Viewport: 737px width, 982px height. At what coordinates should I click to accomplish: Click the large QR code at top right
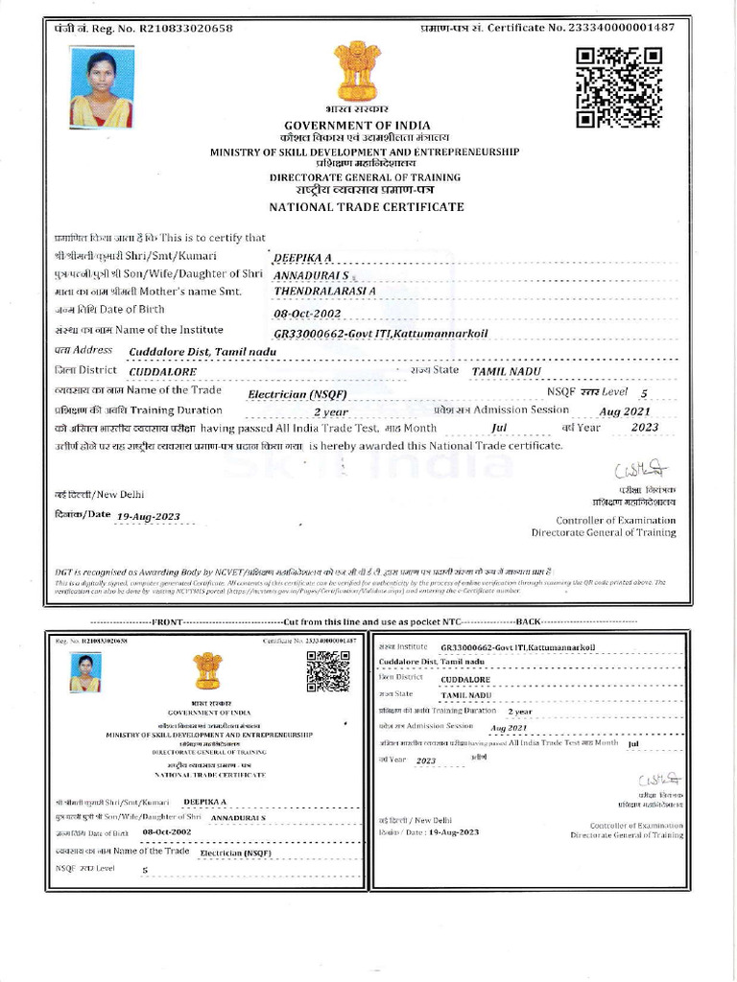click(x=619, y=87)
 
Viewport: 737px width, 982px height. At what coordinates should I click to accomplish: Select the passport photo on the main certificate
click(x=101, y=89)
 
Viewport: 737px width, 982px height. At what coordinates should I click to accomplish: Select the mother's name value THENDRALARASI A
click(x=325, y=290)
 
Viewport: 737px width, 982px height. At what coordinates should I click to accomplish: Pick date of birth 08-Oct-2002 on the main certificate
click(x=307, y=313)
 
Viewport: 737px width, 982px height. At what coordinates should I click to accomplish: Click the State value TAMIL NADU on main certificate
click(x=506, y=371)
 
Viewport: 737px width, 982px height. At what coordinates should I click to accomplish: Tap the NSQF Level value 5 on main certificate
click(x=643, y=393)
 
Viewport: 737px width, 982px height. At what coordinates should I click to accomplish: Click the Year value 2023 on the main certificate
click(x=645, y=428)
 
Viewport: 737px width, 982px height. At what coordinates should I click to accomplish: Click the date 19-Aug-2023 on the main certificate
click(x=148, y=516)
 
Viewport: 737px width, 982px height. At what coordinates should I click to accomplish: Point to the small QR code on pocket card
click(x=327, y=670)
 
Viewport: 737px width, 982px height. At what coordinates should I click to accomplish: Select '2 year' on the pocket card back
click(x=519, y=712)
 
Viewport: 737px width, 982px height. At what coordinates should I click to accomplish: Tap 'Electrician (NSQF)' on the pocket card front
click(x=235, y=852)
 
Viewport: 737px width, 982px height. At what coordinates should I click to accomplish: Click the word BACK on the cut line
click(x=529, y=622)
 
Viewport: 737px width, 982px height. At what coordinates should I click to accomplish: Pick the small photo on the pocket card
click(x=84, y=673)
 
